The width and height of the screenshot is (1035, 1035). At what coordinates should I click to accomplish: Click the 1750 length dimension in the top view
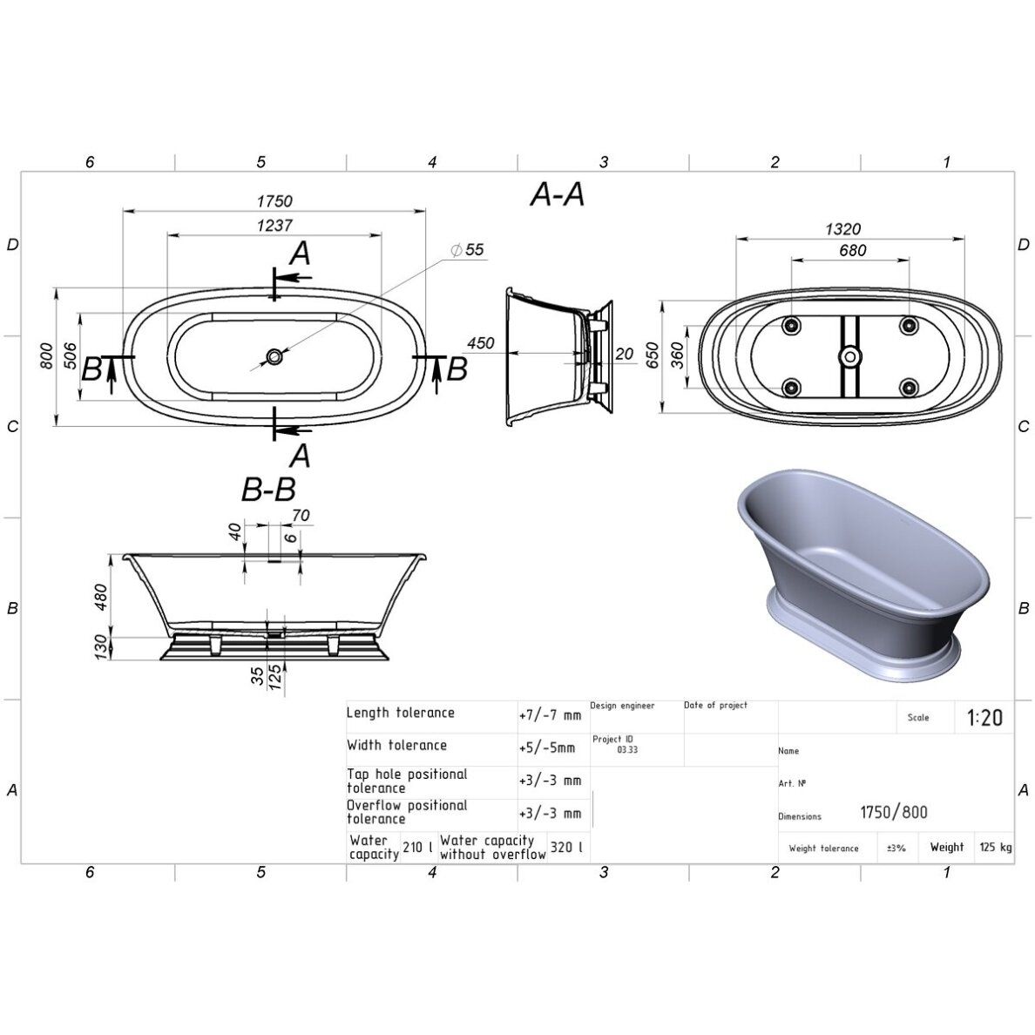(x=274, y=200)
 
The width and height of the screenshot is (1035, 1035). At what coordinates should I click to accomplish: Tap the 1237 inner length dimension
(x=274, y=225)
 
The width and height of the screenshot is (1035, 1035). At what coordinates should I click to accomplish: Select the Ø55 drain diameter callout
(x=467, y=249)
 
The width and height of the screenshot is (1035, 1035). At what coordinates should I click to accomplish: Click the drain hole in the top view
(x=274, y=357)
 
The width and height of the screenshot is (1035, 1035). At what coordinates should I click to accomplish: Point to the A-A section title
(x=558, y=195)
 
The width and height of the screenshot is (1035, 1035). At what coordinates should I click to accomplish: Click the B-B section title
(x=268, y=490)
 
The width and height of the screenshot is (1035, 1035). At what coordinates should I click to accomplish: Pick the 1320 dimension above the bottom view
(x=843, y=229)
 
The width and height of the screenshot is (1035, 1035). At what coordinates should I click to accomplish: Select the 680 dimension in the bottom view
(x=853, y=251)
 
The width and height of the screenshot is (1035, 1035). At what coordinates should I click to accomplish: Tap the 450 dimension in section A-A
(x=481, y=343)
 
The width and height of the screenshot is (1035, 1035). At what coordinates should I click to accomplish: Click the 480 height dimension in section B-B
(x=101, y=598)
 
